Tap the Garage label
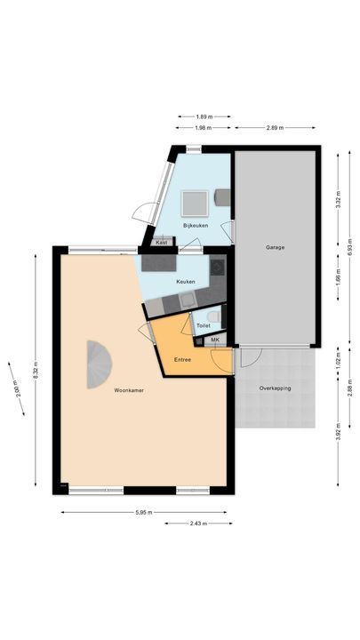click(275, 247)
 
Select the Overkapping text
click(275, 389)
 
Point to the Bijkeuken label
click(196, 227)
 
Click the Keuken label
click(186, 281)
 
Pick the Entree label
click(182, 359)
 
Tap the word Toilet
click(203, 326)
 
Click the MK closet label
click(214, 340)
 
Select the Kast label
click(162, 243)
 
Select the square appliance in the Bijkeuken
click(195, 204)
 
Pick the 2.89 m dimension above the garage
click(275, 128)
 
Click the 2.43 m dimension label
click(198, 524)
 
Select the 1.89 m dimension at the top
click(203, 116)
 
